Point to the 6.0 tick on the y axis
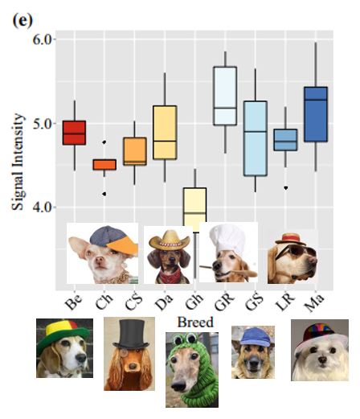(43, 39)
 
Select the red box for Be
(74, 132)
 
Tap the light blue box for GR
(225, 96)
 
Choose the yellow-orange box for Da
(165, 132)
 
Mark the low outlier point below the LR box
(286, 187)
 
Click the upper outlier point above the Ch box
(104, 142)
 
